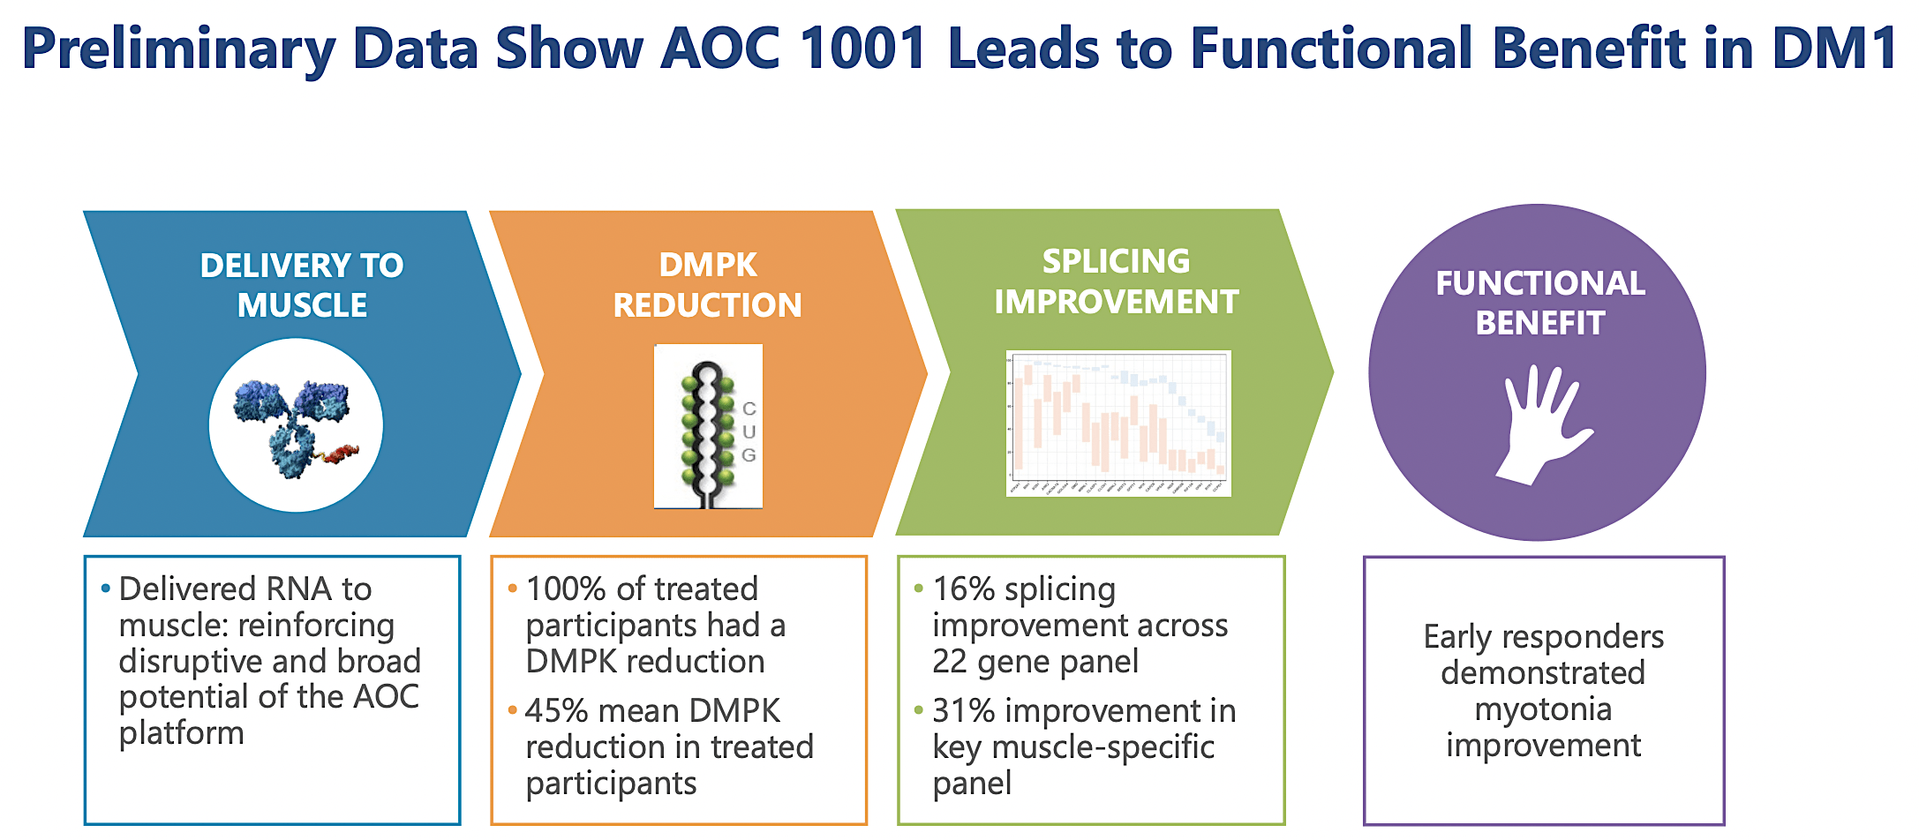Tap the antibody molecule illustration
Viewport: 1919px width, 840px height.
294,426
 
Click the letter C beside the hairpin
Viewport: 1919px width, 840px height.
749,409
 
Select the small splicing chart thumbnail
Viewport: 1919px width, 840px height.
1118,424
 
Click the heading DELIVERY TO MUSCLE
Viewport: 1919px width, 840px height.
302,285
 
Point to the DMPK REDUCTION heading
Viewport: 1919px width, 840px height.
707,285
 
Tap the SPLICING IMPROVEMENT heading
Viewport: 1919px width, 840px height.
1116,281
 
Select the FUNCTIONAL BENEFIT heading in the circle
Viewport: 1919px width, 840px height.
1539,303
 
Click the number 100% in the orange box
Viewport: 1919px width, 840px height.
565,589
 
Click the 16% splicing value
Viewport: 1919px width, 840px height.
963,589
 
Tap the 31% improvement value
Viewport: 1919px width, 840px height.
963,710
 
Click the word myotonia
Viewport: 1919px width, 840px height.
1543,709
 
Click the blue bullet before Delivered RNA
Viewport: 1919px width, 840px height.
106,588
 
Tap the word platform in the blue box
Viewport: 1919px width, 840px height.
181,732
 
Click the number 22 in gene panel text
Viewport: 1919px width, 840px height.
950,661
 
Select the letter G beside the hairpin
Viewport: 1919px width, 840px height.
749,455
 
